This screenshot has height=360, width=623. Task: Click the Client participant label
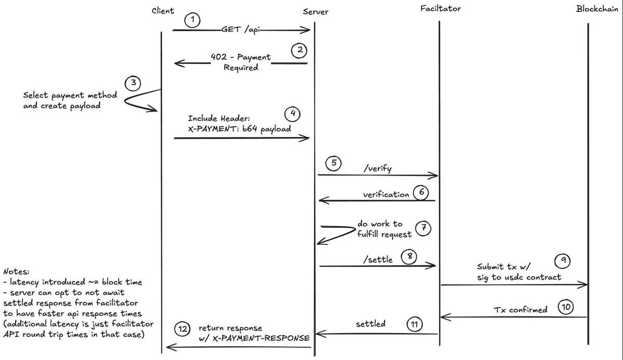163,11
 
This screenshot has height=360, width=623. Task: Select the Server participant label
315,11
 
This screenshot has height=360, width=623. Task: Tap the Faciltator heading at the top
441,9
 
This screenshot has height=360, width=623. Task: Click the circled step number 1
192,21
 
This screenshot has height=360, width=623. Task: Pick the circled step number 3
133,83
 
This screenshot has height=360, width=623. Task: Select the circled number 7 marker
423,228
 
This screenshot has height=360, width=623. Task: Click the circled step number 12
182,329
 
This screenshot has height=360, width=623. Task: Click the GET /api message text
240,30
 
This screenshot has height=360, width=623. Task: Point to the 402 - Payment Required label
240,62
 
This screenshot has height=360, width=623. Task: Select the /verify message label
377,169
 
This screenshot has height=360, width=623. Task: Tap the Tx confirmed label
520,310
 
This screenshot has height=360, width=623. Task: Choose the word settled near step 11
370,324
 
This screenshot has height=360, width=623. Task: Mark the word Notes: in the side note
16,272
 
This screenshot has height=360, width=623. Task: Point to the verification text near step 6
386,194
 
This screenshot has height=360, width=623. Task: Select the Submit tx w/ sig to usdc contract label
519,272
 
